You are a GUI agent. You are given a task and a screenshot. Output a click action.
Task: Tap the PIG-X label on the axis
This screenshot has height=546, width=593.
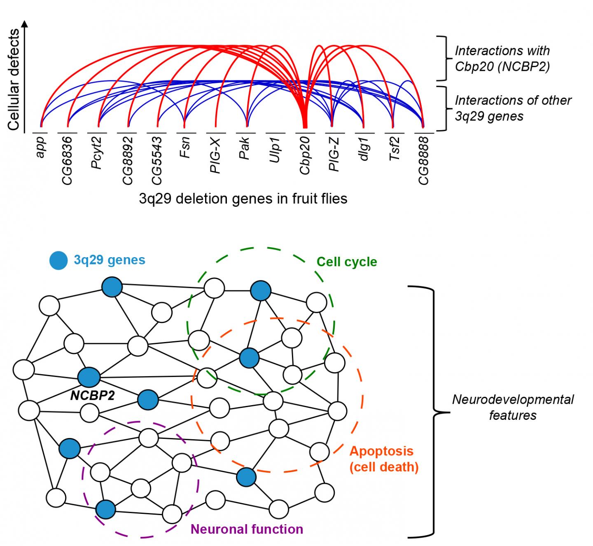[215, 155]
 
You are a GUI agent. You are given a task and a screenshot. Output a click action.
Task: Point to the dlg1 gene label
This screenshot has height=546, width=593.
[364, 150]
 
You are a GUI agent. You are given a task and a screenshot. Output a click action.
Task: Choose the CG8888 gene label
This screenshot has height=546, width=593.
[423, 161]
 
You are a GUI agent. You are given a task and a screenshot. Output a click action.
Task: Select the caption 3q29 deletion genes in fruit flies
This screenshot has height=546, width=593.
[243, 199]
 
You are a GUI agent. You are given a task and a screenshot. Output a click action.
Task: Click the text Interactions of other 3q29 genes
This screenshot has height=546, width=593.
[513, 108]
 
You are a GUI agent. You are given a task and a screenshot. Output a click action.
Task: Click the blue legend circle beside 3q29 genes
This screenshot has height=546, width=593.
[58, 260]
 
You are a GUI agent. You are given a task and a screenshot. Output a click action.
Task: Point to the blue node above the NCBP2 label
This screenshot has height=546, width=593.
[89, 376]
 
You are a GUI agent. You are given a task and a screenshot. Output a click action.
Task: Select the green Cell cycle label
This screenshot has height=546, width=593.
[347, 262]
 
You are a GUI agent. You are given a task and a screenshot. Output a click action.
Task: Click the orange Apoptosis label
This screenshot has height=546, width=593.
[381, 451]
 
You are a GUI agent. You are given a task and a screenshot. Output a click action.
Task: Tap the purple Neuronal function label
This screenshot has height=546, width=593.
[247, 529]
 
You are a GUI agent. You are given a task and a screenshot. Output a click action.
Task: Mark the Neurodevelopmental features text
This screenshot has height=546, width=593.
[513, 407]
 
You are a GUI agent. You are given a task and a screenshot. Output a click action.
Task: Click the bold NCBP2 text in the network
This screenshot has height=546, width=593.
[92, 396]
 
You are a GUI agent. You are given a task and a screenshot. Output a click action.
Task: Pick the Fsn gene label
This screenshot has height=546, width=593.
[185, 148]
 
